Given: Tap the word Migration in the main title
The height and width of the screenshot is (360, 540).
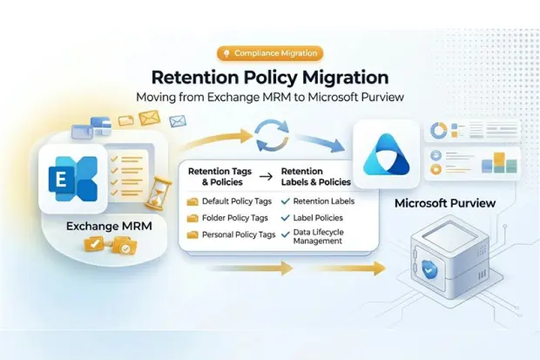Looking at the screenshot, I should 336,78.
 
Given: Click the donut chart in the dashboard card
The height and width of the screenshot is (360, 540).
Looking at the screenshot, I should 439,131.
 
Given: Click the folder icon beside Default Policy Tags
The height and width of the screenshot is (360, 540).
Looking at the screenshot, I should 192,202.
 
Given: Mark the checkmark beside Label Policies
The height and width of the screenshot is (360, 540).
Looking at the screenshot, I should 287,219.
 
